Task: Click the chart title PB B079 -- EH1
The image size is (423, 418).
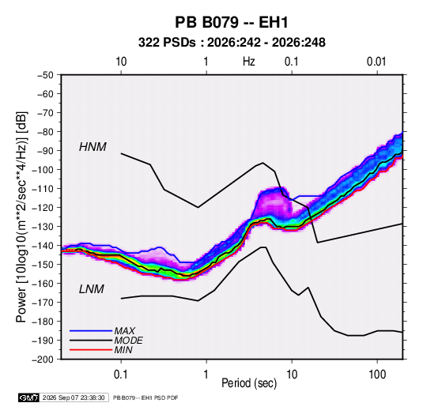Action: coord(232,22)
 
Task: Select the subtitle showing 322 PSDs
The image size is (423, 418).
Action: coord(232,43)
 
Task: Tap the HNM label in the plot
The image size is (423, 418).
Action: coord(93,147)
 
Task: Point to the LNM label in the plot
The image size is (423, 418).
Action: coord(92,289)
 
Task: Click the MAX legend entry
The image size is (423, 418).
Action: coord(124,330)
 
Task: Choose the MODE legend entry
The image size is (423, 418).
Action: coord(128,341)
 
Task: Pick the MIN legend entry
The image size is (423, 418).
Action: coord(123,350)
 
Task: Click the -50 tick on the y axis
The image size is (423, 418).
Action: coord(46,75)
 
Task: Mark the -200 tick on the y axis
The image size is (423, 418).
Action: coord(43,360)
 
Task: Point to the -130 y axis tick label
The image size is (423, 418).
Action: coord(43,227)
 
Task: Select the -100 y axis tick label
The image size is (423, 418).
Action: coord(43,170)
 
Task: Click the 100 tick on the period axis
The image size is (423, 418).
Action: coord(377,375)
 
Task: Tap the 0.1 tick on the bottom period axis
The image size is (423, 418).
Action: coord(121,375)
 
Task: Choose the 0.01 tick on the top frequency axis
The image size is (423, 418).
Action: coord(376,62)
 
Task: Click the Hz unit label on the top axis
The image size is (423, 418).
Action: coord(249,62)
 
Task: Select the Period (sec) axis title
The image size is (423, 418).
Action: coord(249,383)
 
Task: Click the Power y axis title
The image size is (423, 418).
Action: coord(21,217)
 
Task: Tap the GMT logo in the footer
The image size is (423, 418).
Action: coord(29,397)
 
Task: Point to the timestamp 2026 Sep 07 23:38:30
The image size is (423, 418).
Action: coord(74,397)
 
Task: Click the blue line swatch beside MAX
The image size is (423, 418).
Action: coord(91,331)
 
